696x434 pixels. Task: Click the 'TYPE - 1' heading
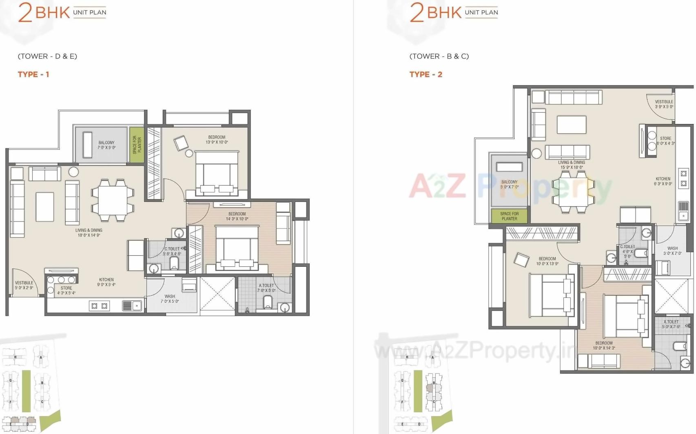(x=33, y=74)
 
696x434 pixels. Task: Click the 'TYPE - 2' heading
(x=426, y=74)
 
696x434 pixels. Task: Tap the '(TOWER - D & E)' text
(x=47, y=56)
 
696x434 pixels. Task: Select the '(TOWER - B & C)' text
(x=439, y=56)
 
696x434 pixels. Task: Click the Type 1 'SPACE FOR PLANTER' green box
(x=137, y=145)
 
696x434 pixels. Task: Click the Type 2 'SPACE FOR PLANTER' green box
(x=509, y=216)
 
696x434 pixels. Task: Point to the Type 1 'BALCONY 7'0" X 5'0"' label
(x=106, y=145)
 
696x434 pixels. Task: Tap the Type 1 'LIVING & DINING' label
(x=89, y=232)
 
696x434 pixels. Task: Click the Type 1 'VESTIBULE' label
(x=24, y=285)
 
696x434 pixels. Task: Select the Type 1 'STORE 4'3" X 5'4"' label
(x=66, y=290)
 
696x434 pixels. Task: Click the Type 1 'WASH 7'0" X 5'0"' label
(x=170, y=299)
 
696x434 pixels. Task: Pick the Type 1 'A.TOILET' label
(x=266, y=288)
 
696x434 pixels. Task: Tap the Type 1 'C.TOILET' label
(x=172, y=251)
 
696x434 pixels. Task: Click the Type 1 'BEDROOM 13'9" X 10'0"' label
(x=217, y=139)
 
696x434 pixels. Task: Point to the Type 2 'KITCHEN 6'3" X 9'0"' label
(x=663, y=181)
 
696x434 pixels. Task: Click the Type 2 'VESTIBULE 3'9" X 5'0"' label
(x=664, y=104)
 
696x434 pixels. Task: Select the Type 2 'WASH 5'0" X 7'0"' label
(x=672, y=250)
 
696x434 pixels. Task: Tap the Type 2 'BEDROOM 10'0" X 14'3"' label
(x=604, y=345)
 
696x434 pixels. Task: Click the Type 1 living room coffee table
(x=45, y=206)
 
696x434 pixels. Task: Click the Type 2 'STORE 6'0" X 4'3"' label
(x=665, y=141)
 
